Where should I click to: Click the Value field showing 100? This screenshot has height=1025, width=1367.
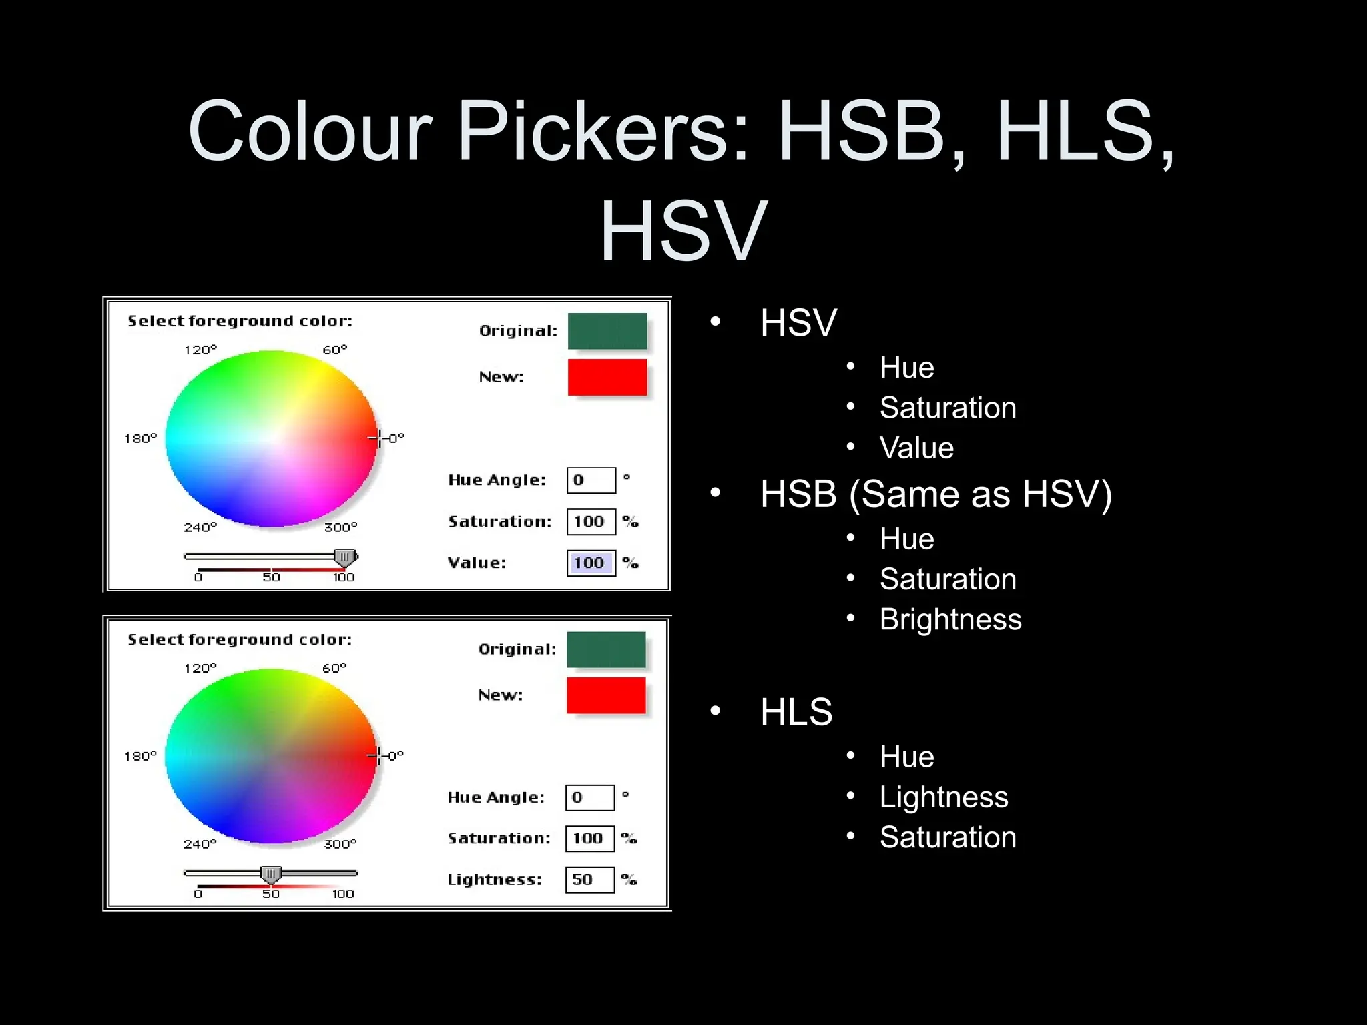tap(591, 563)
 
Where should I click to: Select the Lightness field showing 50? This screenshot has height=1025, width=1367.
tap(589, 880)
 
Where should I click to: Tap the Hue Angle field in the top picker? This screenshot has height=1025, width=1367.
tap(591, 480)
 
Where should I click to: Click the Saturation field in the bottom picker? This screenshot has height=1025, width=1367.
tap(589, 839)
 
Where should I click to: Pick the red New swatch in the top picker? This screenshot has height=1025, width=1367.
tap(607, 378)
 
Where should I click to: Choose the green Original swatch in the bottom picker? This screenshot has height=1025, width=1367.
tap(606, 649)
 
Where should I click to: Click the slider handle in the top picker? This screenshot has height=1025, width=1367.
tap(345, 557)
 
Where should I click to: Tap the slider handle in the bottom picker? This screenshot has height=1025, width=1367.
tap(271, 874)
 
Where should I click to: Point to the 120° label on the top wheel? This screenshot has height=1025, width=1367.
tap(200, 350)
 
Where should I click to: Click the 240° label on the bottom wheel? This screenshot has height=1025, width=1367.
tap(200, 844)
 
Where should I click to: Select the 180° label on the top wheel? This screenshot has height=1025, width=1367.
tap(140, 438)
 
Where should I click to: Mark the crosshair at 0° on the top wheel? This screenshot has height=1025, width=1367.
tap(378, 438)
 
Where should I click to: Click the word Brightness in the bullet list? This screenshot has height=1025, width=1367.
tap(950, 619)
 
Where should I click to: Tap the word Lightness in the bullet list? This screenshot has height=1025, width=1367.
tap(944, 797)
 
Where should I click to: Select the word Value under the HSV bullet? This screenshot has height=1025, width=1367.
tap(916, 448)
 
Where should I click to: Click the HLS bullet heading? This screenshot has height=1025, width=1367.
tap(796, 712)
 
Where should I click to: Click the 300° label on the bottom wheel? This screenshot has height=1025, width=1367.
tap(340, 844)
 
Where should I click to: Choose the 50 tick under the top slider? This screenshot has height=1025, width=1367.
tap(271, 577)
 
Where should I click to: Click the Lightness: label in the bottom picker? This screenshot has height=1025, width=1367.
tap(494, 880)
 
